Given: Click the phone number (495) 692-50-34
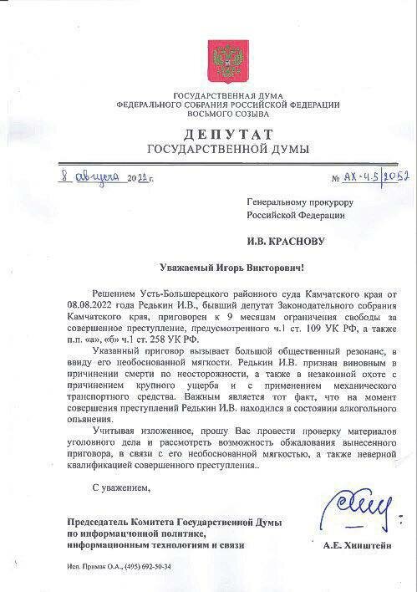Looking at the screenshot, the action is pyautogui.click(x=147, y=567).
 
